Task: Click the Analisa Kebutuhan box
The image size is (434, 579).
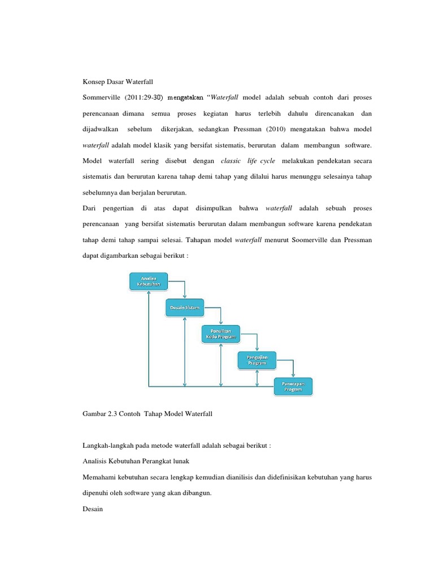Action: [x=148, y=281]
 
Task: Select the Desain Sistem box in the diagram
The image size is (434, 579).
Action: [x=185, y=308]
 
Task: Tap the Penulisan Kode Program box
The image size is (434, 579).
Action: [x=221, y=334]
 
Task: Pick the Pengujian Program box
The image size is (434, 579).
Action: [x=257, y=360]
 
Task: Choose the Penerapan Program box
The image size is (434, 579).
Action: [x=293, y=386]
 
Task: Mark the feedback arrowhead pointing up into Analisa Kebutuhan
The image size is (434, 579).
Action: [x=148, y=293]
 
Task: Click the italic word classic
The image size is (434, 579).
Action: [x=231, y=161]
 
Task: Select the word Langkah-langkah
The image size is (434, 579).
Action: [x=108, y=445]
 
